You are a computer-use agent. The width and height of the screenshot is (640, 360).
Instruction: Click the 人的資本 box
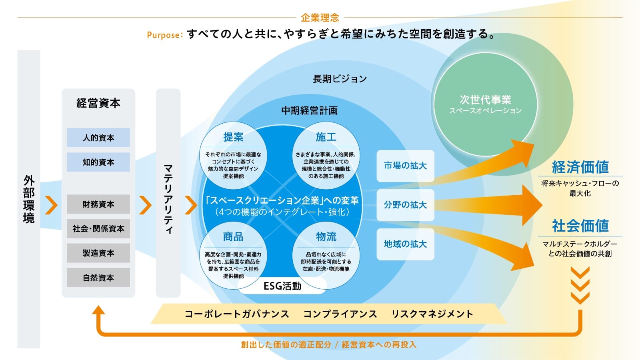point(98,138)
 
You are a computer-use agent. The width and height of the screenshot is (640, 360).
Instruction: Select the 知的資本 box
point(98,162)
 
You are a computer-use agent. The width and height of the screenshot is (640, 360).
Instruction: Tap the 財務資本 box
point(98,204)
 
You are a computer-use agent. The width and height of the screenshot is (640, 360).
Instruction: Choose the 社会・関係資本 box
point(98,228)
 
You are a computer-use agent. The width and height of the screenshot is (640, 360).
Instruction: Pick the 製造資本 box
point(98,253)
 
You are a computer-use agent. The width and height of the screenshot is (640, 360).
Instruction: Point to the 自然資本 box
point(98,278)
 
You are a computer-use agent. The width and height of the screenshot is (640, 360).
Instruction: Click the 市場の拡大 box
point(405,166)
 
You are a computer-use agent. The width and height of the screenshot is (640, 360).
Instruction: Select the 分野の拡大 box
point(405,205)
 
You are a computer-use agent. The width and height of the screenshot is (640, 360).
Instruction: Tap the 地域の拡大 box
point(405,244)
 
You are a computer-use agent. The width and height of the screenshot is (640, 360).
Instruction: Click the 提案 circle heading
point(233,137)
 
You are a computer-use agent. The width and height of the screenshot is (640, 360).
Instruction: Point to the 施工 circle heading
point(326,137)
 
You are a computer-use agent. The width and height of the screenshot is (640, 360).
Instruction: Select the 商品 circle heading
point(233,237)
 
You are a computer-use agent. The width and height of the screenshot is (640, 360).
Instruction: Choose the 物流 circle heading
point(326,237)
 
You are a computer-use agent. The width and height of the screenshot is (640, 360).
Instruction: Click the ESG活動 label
point(282,286)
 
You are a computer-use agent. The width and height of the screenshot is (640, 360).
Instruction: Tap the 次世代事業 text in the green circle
point(485,100)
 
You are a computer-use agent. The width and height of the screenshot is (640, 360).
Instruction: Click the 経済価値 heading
point(580,167)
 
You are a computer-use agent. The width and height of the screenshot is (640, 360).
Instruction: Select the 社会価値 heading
point(580,226)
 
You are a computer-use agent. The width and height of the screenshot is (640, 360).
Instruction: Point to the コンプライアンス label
point(340,314)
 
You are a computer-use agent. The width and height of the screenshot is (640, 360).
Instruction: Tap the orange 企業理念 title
point(320,18)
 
